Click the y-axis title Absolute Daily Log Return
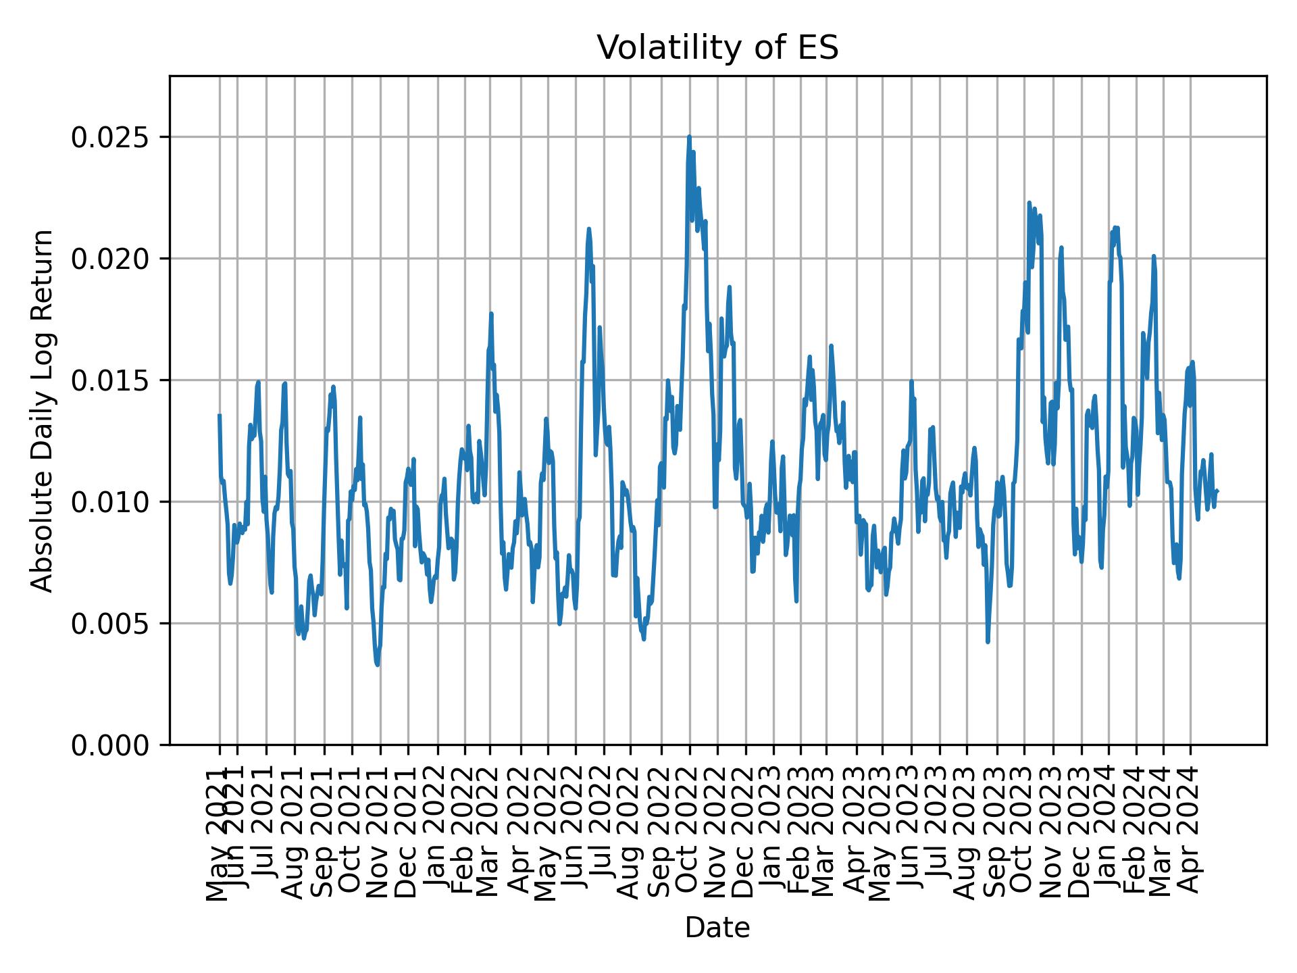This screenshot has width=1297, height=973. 43,411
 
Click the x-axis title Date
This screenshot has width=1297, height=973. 717,928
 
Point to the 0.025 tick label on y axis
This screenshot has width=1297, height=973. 111,137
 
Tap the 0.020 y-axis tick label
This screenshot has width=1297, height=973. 111,259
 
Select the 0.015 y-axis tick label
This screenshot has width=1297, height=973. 111,380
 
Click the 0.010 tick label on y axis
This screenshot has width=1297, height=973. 111,502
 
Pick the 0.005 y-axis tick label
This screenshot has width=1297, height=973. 111,623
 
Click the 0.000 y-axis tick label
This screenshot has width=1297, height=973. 111,745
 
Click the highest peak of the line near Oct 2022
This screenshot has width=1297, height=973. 689,136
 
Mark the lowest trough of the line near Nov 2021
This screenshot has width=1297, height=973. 377,665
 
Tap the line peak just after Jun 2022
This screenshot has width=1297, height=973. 588,229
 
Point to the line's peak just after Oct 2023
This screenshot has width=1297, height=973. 1029,203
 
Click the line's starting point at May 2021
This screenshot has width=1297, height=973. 220,416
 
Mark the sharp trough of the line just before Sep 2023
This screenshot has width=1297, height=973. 988,641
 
